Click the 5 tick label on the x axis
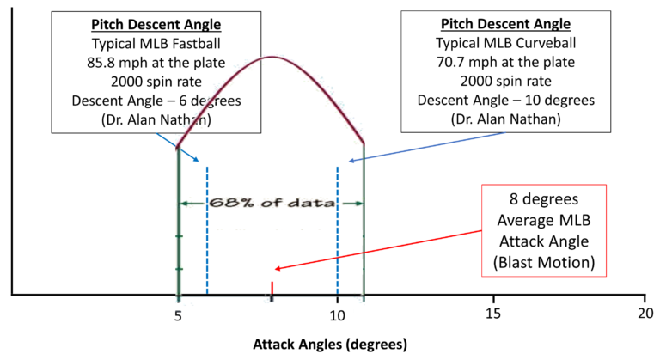tap(178, 314)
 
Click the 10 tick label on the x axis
tap(337, 314)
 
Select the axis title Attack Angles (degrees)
tap(329, 345)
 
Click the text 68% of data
tap(271, 204)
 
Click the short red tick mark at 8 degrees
tap(272, 289)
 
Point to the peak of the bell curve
tap(272, 57)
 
